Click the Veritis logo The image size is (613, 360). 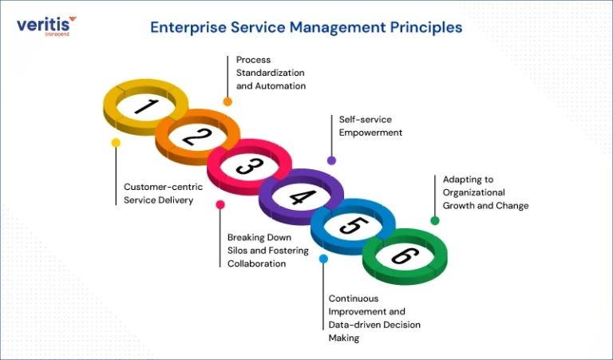[x=46, y=26]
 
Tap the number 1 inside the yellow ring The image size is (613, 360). [x=146, y=106]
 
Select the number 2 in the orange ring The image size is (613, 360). [x=197, y=136]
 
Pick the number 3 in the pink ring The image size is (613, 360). [x=249, y=167]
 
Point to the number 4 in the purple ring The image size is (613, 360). [x=303, y=196]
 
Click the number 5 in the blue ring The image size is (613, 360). [x=354, y=226]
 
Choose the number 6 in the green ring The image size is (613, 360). [x=405, y=256]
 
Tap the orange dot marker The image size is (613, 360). [x=227, y=101]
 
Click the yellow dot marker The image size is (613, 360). [x=116, y=143]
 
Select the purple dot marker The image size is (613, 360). [x=331, y=160]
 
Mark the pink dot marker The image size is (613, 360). [x=220, y=204]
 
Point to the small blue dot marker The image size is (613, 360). [x=323, y=259]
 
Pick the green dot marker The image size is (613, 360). [x=435, y=221]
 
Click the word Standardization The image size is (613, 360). [x=270, y=73]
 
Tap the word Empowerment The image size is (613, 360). [x=370, y=133]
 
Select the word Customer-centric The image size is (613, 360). [x=164, y=187]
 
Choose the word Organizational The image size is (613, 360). [x=474, y=192]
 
